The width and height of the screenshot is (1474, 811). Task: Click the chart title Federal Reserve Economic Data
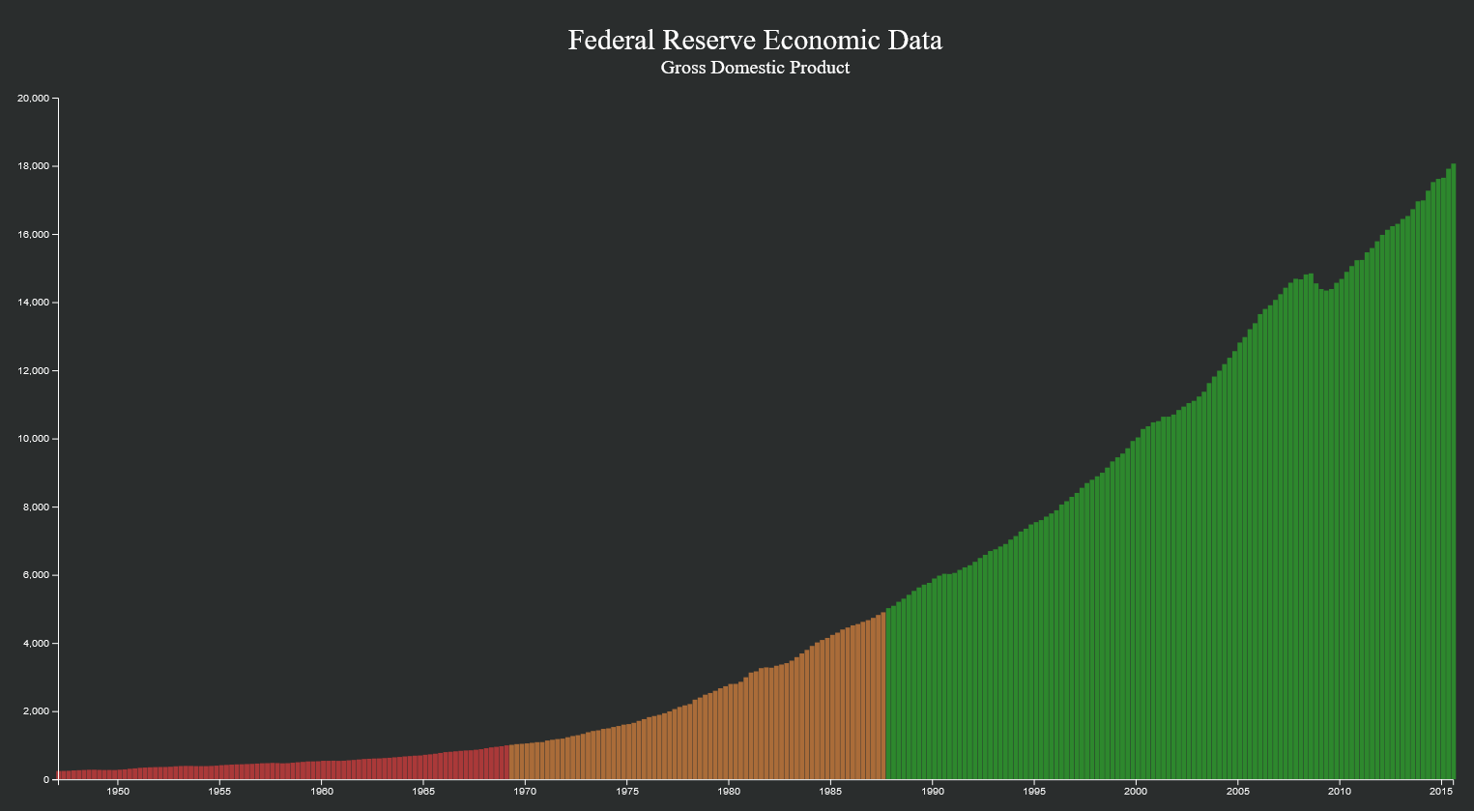tap(755, 40)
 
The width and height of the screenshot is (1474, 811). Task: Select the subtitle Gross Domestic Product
tap(755, 68)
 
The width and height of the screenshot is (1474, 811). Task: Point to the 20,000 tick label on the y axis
tap(34, 99)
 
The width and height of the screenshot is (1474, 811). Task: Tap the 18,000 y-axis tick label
tap(34, 166)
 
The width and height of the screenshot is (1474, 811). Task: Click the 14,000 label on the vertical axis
tap(34, 303)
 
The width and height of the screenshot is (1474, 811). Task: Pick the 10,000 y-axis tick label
tap(34, 439)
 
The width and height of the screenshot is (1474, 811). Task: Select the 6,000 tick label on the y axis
tap(36, 575)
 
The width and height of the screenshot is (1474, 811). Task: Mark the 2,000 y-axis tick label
tap(36, 711)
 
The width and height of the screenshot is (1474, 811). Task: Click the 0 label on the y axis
tap(45, 780)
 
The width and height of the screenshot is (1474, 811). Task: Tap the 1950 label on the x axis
tap(118, 792)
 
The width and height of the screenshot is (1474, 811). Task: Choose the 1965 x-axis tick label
tap(423, 792)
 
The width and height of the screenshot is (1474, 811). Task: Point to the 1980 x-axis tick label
tap(729, 792)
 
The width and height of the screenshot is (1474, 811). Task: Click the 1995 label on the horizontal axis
tap(1034, 792)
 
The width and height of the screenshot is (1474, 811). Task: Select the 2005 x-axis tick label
tap(1237, 792)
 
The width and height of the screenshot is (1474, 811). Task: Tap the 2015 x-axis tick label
tap(1441, 792)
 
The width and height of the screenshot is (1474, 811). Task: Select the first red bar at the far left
tap(61, 774)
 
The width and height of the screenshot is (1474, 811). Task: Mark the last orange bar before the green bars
tap(882, 696)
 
